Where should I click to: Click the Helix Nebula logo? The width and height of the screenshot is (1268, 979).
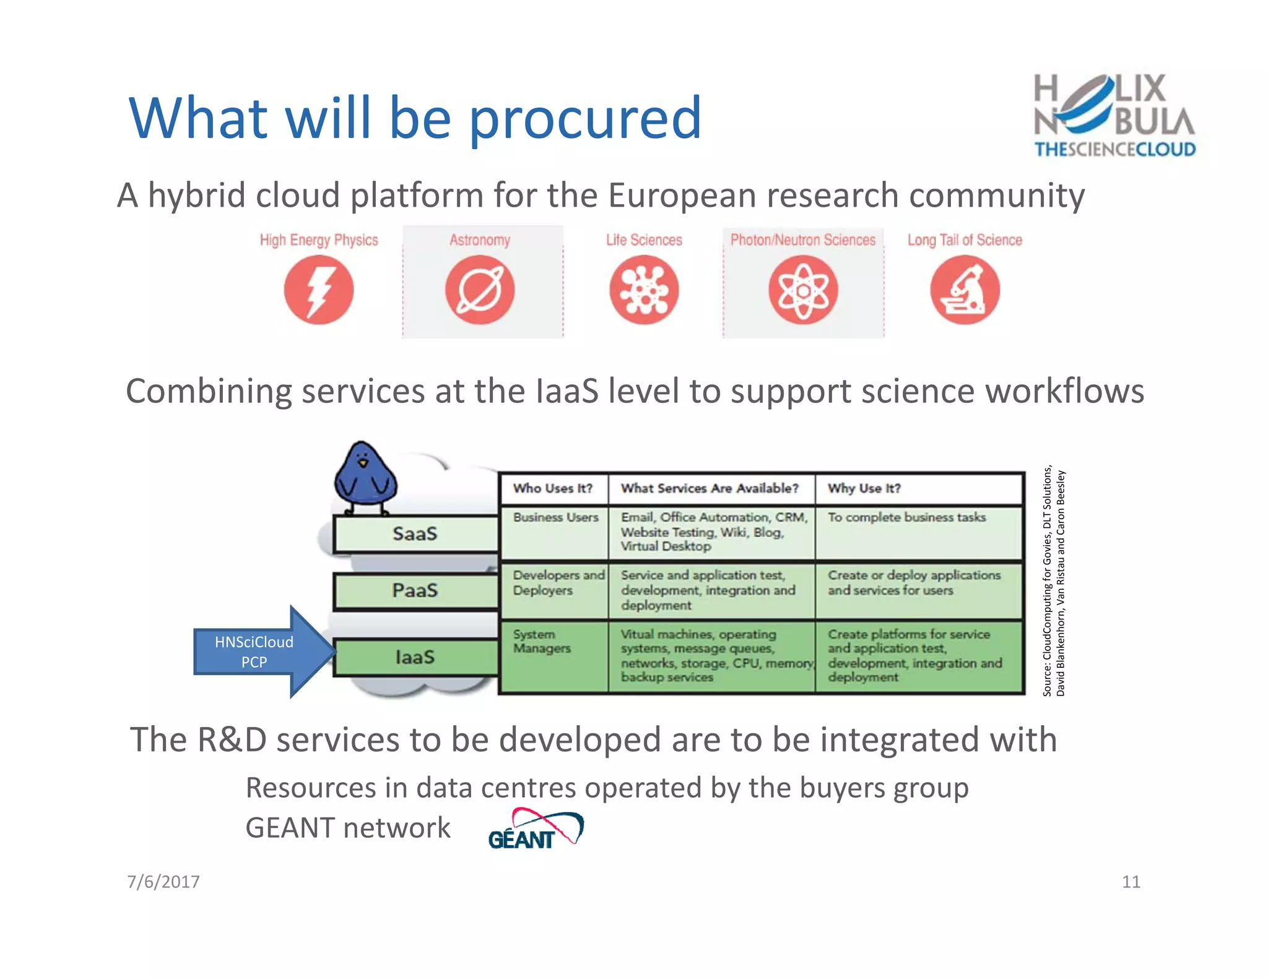click(1114, 115)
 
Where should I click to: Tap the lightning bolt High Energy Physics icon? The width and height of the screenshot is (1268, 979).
click(319, 290)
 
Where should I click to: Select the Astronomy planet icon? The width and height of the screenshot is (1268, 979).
click(480, 290)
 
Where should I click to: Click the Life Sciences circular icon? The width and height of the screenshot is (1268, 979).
click(644, 290)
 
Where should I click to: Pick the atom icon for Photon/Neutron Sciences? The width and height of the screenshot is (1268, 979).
click(803, 290)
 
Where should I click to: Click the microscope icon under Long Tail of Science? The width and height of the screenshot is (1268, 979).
click(965, 290)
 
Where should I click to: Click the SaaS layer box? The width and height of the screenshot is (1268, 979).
click(415, 533)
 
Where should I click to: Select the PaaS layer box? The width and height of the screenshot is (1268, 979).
click(415, 590)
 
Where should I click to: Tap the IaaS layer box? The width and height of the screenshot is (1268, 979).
click(415, 657)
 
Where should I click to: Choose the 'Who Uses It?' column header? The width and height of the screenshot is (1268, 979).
click(553, 488)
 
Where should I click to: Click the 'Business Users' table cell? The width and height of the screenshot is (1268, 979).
click(555, 517)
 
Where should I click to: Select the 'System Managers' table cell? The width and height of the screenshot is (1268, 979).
click(542, 641)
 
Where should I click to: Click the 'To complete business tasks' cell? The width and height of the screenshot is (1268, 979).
click(906, 517)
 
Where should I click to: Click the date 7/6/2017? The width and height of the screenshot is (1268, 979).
click(163, 881)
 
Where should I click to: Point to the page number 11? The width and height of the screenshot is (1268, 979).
click(1131, 881)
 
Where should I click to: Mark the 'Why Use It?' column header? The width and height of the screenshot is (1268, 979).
click(864, 488)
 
